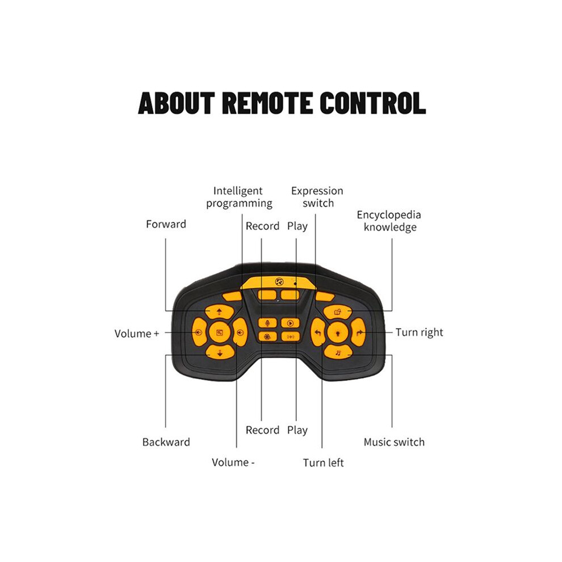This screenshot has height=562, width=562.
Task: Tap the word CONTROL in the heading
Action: click(x=373, y=103)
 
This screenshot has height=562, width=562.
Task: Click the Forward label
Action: click(x=166, y=224)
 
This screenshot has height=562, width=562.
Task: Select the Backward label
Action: click(x=166, y=442)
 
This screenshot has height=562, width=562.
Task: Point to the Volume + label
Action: click(x=137, y=334)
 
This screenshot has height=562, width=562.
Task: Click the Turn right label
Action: click(x=420, y=333)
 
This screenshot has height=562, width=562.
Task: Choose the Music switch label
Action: click(x=394, y=442)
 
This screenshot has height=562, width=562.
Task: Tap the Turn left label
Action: click(x=324, y=463)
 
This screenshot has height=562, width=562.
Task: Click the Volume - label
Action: click(x=233, y=462)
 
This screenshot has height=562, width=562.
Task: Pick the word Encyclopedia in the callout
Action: click(x=389, y=215)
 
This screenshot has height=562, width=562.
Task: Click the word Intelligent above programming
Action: click(x=238, y=191)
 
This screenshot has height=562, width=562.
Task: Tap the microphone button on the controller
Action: click(x=267, y=324)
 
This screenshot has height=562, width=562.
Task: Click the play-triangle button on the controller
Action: click(x=290, y=324)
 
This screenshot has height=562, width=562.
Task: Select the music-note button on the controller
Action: click(x=338, y=353)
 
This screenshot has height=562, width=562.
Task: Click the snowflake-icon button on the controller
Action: click(x=267, y=337)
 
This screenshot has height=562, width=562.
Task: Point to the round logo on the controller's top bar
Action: click(x=279, y=282)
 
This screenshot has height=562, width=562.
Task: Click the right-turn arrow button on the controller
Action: click(x=358, y=333)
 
